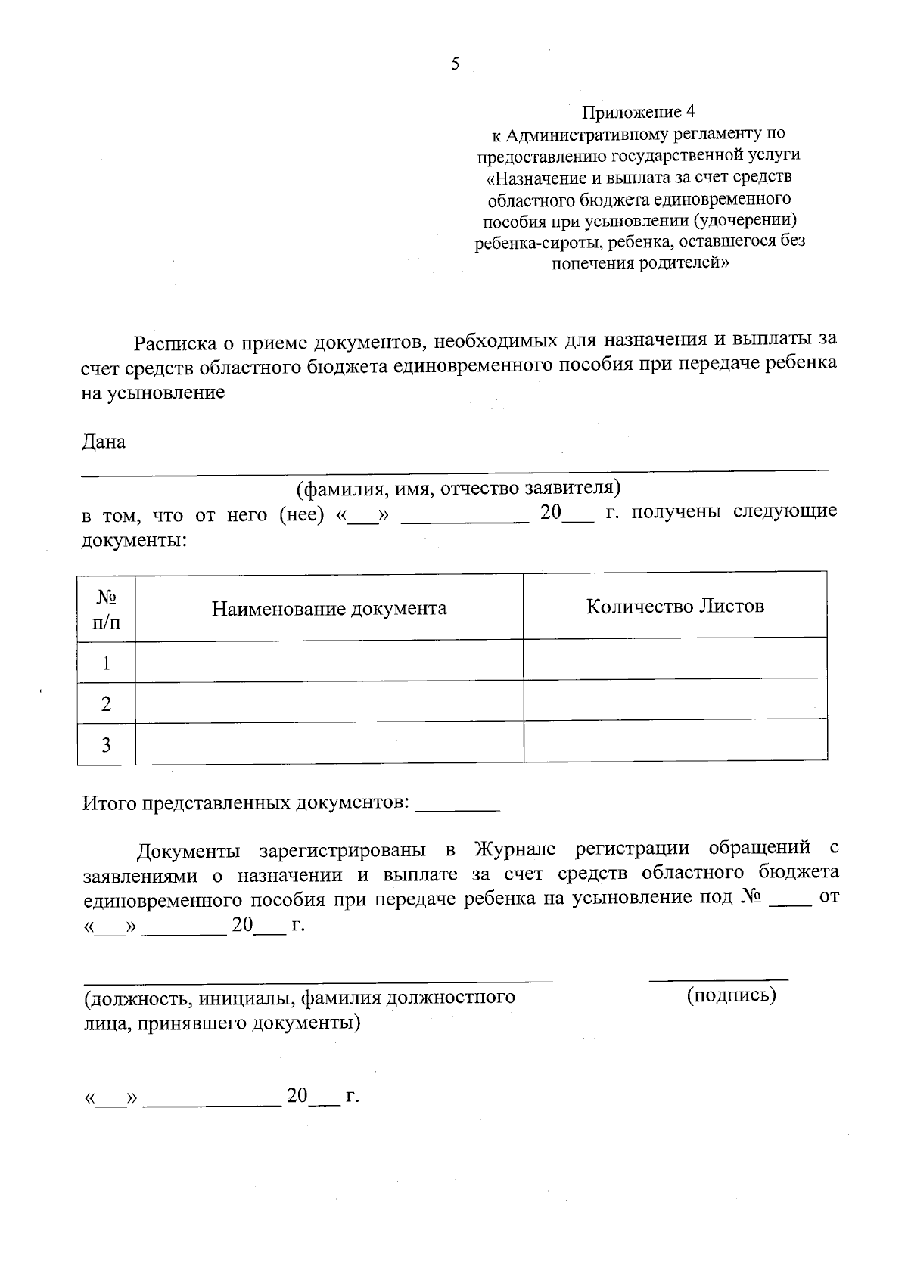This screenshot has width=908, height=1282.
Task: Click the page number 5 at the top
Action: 455,64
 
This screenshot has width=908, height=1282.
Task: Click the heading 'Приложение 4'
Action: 638,113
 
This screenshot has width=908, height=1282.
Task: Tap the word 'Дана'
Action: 104,442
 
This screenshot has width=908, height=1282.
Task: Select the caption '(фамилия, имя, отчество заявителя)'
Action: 459,488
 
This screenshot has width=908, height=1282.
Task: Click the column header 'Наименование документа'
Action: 329,608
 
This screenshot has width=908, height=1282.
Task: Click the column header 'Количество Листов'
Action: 675,606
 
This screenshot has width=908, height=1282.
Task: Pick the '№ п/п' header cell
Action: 106,610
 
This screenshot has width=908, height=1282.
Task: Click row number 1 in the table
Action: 107,663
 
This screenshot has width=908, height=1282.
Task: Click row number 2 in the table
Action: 107,704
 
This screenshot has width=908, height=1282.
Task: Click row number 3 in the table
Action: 107,745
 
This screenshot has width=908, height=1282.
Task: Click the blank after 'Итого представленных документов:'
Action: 458,806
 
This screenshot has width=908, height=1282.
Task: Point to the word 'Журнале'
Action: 515,849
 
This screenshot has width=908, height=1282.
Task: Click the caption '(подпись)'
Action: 731,995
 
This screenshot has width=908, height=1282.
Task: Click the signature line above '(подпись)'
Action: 718,979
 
